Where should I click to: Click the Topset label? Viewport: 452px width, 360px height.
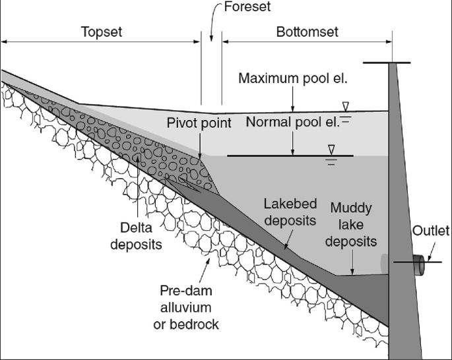point(102,31)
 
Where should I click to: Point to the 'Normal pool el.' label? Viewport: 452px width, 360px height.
point(292,122)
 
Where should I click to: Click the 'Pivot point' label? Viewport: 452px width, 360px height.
point(199,123)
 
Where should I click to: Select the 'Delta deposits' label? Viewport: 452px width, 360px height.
point(138,235)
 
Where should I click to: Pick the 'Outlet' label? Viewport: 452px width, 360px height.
point(431,231)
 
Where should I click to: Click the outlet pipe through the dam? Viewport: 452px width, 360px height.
point(420,265)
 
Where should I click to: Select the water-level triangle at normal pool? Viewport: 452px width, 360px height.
point(331,149)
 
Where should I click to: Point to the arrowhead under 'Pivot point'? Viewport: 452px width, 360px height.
point(200,153)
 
